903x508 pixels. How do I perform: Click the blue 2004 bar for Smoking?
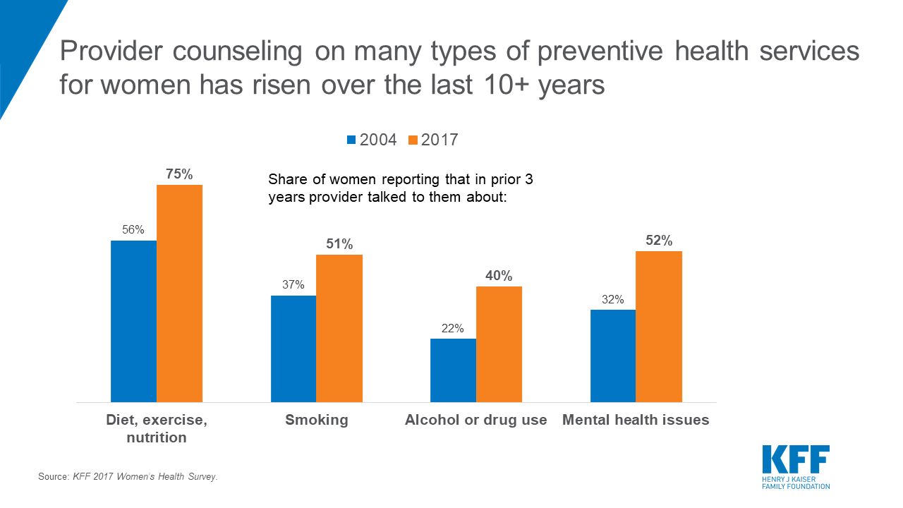tap(293, 349)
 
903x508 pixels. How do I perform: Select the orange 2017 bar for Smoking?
tap(339, 328)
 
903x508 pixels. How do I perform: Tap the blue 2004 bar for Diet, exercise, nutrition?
tap(133, 321)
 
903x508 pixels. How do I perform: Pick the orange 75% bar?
tap(179, 294)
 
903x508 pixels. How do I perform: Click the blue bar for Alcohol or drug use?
tap(453, 370)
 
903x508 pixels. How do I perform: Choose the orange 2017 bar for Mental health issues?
tap(659, 327)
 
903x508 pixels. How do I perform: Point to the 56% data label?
tap(133, 229)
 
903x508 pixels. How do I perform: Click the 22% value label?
tap(452, 328)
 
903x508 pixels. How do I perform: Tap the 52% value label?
tap(659, 241)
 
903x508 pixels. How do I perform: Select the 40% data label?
tap(499, 276)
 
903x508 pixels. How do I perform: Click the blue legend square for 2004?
tap(351, 140)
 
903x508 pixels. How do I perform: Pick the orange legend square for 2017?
tap(413, 140)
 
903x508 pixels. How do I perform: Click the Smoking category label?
tap(317, 420)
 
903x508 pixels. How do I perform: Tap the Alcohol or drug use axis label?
tap(476, 420)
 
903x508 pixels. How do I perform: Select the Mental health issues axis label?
tap(636, 420)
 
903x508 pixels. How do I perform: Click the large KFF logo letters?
tap(795, 460)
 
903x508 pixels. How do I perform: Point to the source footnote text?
tap(128, 477)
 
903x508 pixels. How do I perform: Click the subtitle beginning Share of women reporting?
tap(401, 188)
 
